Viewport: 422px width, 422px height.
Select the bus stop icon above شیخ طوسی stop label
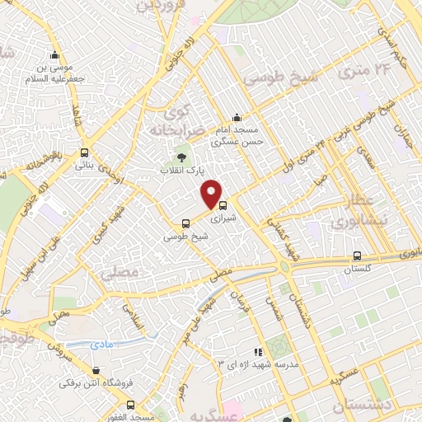(x=185, y=223)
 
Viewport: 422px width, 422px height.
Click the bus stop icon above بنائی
(x=84, y=152)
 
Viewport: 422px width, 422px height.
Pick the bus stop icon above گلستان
(x=356, y=256)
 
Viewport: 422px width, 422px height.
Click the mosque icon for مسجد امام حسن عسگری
(x=237, y=117)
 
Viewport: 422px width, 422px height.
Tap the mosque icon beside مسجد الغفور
(x=130, y=405)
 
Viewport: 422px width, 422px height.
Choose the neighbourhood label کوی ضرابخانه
(x=171, y=120)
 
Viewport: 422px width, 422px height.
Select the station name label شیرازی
(x=223, y=220)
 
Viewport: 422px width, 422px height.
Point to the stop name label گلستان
(x=356, y=269)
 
